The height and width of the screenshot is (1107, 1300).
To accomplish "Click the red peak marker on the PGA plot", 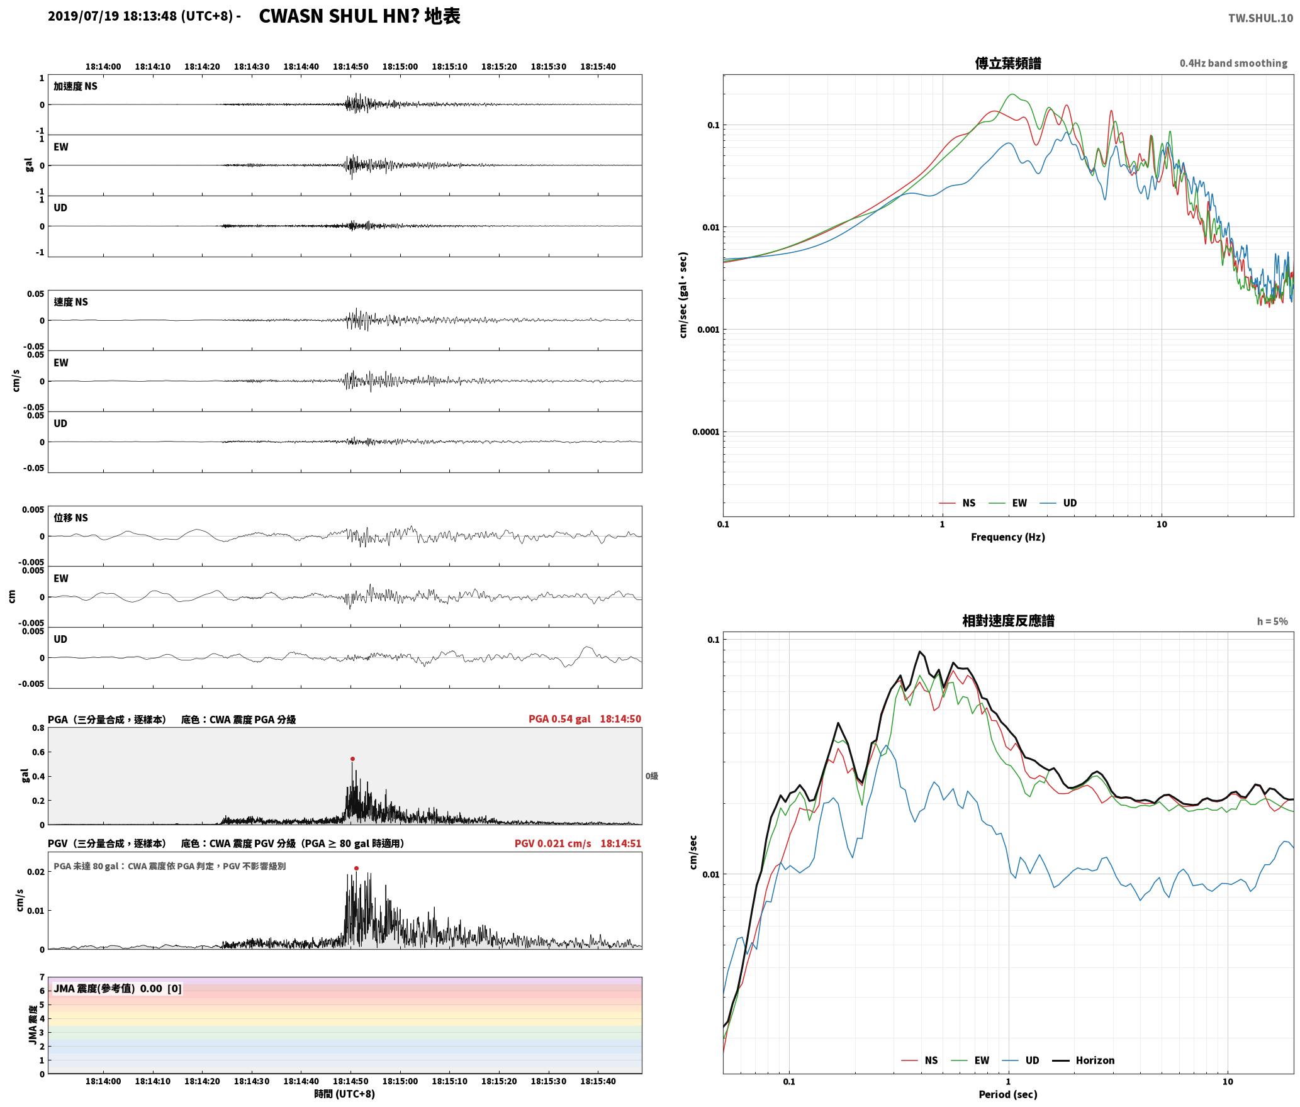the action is click(x=352, y=759).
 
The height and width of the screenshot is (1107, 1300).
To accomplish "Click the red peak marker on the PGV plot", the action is click(x=356, y=868).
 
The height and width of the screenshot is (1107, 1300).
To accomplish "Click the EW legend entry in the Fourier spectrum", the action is click(x=1008, y=503).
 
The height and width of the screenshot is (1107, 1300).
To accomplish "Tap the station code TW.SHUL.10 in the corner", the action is click(x=1260, y=18).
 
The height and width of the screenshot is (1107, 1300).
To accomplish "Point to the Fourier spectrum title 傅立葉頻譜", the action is click(x=1008, y=63).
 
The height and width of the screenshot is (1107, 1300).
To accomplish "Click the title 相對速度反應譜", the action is click(x=1008, y=621).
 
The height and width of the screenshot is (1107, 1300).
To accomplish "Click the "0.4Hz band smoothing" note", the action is click(x=1233, y=63).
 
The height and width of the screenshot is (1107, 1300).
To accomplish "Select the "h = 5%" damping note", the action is click(x=1272, y=621).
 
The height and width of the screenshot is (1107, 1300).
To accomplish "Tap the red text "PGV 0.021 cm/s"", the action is click(x=552, y=843).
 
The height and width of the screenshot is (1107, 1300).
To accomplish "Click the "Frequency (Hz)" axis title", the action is click(x=1008, y=537).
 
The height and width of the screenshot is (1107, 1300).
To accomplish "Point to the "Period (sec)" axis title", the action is click(x=1008, y=1094).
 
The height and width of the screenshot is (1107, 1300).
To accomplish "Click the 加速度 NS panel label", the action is click(x=76, y=86).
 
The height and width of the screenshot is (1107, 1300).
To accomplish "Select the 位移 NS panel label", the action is click(x=71, y=518).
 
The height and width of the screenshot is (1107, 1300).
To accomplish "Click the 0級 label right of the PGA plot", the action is click(x=652, y=776).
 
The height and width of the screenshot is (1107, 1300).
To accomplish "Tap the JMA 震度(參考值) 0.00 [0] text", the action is click(x=118, y=988).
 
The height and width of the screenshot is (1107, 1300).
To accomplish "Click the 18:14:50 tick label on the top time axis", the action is click(x=350, y=66).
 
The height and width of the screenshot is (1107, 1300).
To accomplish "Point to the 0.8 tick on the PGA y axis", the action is click(x=38, y=728).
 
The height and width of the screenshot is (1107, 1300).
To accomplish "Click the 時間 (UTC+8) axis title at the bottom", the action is click(x=345, y=1094).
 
